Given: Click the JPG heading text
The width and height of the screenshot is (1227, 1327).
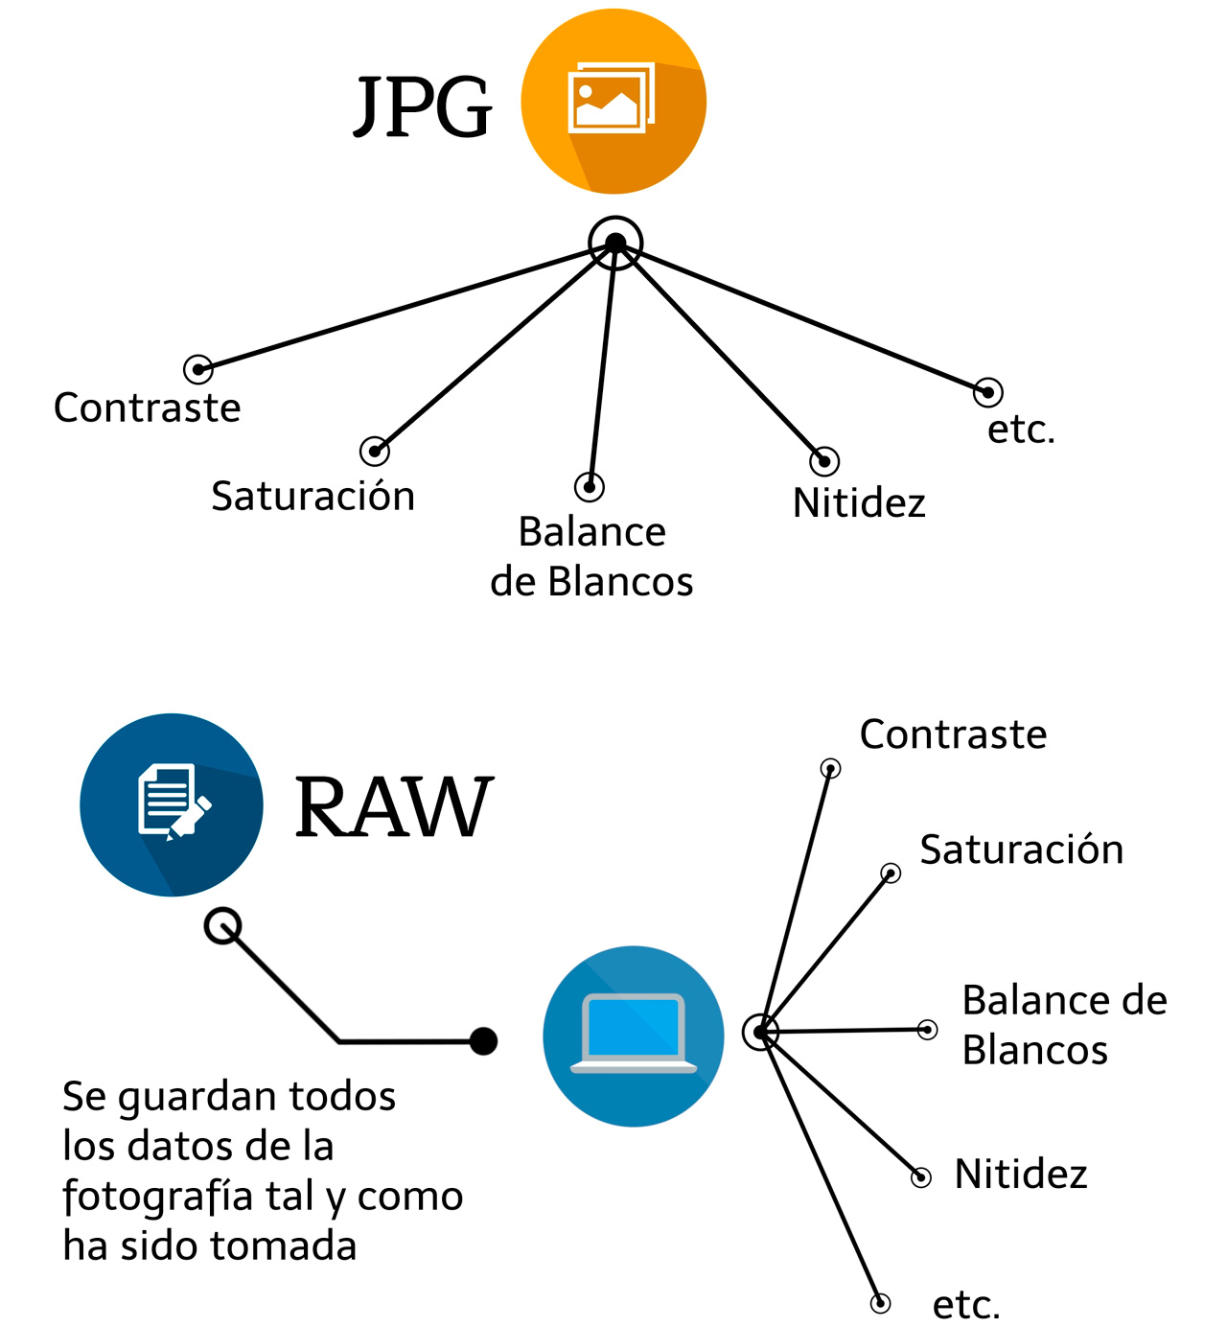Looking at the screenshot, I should (x=423, y=107).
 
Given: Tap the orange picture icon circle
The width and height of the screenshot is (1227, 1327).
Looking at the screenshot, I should (x=613, y=102).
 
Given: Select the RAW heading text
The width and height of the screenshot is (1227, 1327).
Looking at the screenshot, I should (x=393, y=807).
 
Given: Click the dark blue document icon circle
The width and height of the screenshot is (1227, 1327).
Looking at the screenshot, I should (x=172, y=805).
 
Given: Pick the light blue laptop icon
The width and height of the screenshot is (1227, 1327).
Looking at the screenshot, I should (x=634, y=1036).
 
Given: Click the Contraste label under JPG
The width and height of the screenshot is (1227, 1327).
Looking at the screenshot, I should (x=148, y=407).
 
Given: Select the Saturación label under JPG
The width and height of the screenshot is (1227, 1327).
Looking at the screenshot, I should (x=313, y=496).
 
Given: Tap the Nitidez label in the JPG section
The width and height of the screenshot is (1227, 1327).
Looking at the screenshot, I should (x=859, y=502).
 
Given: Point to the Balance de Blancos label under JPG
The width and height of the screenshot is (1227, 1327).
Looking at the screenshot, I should (x=591, y=556).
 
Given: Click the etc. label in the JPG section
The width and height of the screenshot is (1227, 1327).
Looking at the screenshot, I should (x=1021, y=429).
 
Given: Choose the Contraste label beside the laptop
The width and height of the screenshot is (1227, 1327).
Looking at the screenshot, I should (x=953, y=734).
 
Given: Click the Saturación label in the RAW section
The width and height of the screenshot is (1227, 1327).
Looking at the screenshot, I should (x=1021, y=850).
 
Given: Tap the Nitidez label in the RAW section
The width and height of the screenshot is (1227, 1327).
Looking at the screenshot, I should (x=1021, y=1174).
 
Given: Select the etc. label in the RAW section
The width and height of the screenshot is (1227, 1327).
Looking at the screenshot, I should (x=966, y=1304).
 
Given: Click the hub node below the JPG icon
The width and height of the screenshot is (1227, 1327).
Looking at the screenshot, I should (x=615, y=244).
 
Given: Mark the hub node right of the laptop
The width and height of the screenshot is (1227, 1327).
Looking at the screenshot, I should (x=760, y=1033).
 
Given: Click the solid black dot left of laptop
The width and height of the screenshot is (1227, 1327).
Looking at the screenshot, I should (x=484, y=1040).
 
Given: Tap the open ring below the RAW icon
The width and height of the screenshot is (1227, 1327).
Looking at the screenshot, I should (x=223, y=926).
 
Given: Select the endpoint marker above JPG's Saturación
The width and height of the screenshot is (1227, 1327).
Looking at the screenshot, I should (x=375, y=451).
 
